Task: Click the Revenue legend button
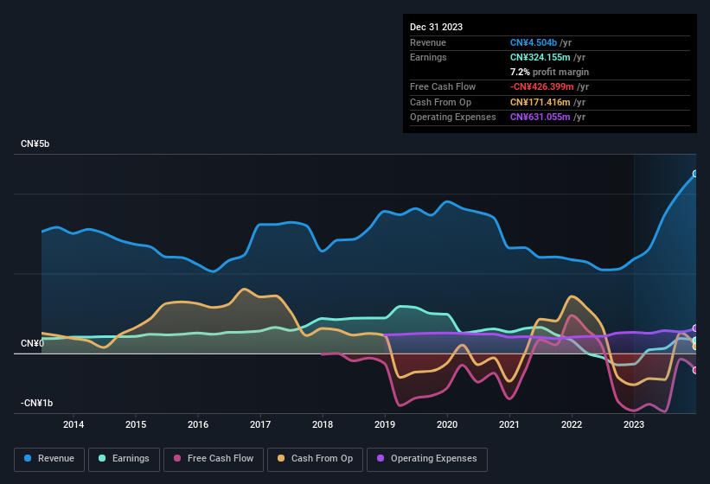pos(50,459)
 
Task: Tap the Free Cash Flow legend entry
pos(214,459)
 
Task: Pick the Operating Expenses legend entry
pos(426,459)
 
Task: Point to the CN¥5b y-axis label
pos(35,143)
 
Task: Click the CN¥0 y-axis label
pos(32,344)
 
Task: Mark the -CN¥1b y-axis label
pos(38,404)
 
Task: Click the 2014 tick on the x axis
pos(74,424)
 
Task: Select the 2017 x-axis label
pos(260,424)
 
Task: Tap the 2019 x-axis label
pos(385,424)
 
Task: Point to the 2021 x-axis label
pos(509,424)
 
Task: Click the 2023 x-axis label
pos(634,424)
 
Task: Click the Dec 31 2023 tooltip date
pos(436,27)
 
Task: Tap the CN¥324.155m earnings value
pos(541,57)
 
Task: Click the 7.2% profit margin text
pos(549,72)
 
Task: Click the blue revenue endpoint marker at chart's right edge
pos(695,174)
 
